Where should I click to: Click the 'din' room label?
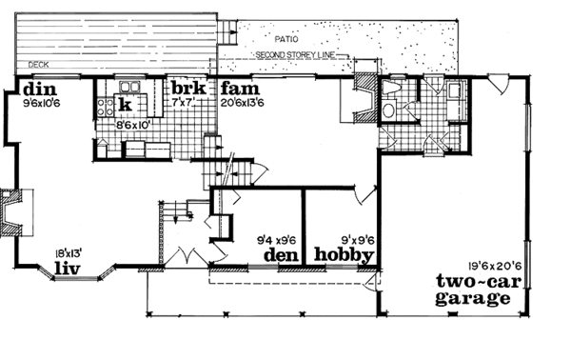pos(21,90)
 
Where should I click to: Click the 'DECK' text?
pos(39,66)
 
